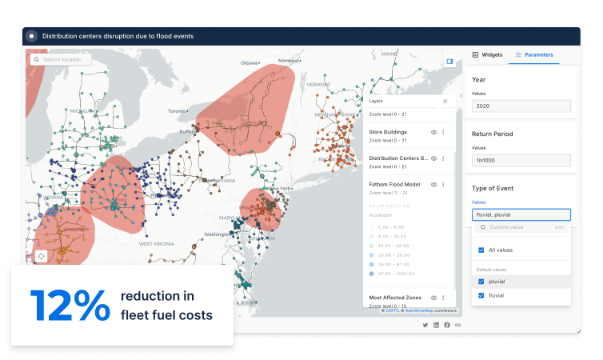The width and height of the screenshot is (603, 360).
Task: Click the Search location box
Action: [x=61, y=59]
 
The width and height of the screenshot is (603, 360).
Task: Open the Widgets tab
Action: [x=487, y=54]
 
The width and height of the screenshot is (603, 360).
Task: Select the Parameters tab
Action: [x=534, y=54]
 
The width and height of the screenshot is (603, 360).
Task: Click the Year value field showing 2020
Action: [x=521, y=106]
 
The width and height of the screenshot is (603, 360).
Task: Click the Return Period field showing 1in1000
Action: [x=521, y=160]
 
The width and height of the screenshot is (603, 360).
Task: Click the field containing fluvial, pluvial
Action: [x=521, y=214]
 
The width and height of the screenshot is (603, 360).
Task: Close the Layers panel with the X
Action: [x=445, y=102]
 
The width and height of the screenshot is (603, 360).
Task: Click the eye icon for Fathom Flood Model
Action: [x=433, y=184]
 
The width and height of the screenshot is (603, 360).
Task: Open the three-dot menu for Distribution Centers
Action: [x=443, y=158]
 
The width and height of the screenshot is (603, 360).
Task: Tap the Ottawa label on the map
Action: [x=250, y=62]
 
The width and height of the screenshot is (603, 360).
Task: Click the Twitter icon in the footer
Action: [x=425, y=325]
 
